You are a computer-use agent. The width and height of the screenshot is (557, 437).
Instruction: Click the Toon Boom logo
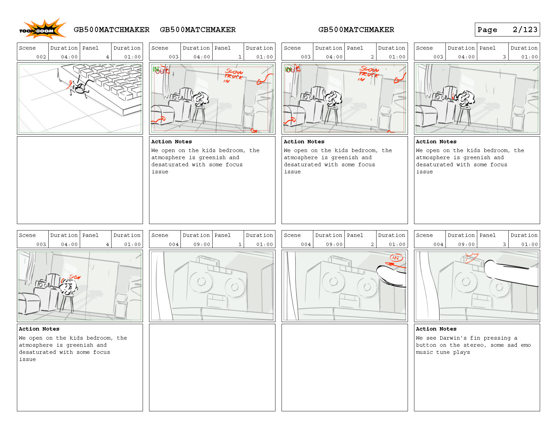pyautogui.click(x=42, y=29)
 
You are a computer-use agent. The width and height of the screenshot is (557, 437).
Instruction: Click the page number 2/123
pyautogui.click(x=525, y=30)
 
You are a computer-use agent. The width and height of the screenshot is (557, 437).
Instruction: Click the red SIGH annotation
pyautogui.click(x=75, y=277)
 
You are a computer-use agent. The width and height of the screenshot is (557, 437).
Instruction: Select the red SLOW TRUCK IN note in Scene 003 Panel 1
pyautogui.click(x=233, y=76)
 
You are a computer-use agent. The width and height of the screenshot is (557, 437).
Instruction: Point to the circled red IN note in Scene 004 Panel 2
pyautogui.click(x=396, y=258)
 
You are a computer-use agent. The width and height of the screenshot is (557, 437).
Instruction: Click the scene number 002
pyautogui.click(x=41, y=57)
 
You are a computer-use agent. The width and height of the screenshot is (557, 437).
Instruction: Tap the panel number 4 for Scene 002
pyautogui.click(x=107, y=57)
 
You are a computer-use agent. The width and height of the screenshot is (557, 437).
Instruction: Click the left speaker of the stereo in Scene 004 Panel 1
pyautogui.click(x=201, y=282)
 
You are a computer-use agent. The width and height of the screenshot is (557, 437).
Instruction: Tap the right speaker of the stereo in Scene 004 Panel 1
pyautogui.click(x=235, y=287)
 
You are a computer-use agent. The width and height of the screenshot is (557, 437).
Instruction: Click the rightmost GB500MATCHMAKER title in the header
pyautogui.click(x=356, y=30)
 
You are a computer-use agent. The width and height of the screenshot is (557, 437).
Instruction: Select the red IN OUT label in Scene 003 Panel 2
pyautogui.click(x=293, y=69)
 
